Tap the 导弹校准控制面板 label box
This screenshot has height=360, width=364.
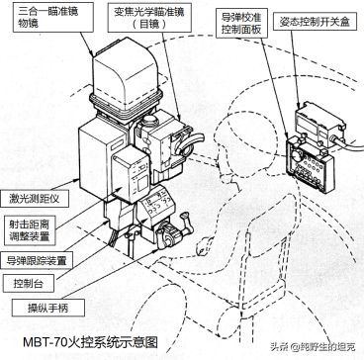239,23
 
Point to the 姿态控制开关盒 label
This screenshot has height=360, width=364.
315,22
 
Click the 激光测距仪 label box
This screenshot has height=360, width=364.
35,199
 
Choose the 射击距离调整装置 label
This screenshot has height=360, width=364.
29,229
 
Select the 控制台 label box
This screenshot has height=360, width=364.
28,284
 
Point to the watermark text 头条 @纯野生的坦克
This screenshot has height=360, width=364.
313,347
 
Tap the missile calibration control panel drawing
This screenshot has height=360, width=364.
310,166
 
